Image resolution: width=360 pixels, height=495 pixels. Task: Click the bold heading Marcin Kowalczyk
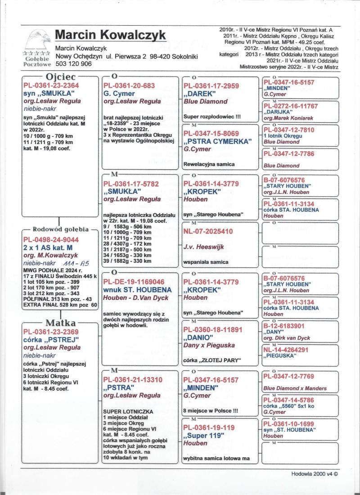(x=110, y=36)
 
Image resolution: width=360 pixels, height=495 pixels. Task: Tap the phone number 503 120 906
(x=74, y=64)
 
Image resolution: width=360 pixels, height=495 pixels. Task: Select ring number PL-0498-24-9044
(x=51, y=240)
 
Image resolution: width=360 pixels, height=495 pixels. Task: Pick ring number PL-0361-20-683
(x=129, y=86)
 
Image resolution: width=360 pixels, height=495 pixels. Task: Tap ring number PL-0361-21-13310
(x=133, y=380)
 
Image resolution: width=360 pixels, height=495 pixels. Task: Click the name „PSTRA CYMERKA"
(x=218, y=141)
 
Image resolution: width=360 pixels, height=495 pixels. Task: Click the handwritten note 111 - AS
(x=66, y=265)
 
